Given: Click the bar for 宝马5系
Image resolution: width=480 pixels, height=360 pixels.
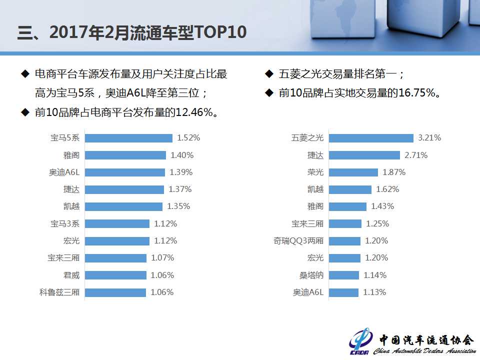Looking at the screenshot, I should coord(128,138).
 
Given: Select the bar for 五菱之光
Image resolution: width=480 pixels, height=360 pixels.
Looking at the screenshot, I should coord(371,138).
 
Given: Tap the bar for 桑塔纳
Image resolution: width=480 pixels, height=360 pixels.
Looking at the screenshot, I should coord(344,275).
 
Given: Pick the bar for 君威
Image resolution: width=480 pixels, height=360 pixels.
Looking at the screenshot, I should coord(115,275).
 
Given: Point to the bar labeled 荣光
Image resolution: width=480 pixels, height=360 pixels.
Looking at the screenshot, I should coord(353,172).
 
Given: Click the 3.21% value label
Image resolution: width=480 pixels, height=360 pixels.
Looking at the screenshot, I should coord(429,138).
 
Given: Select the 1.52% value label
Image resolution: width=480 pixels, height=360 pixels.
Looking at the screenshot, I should coord(188,138).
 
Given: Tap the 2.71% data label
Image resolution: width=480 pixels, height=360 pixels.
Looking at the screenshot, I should coord(416,155).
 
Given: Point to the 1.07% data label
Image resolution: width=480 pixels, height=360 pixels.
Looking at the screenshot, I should coord(162,258).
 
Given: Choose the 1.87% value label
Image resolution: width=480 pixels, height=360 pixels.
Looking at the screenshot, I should coord(394,172).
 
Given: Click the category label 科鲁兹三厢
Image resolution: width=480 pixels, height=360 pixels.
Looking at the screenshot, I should coord(59,292).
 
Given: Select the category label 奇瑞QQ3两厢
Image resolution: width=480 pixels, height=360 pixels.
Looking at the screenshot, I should coord(299,241).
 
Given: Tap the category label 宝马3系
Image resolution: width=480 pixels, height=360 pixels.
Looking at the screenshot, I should coord(65,223).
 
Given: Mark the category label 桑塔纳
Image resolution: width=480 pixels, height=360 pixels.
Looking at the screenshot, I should coord(311,275).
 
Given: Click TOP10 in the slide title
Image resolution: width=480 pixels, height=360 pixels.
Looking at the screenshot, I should coord(220,32).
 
